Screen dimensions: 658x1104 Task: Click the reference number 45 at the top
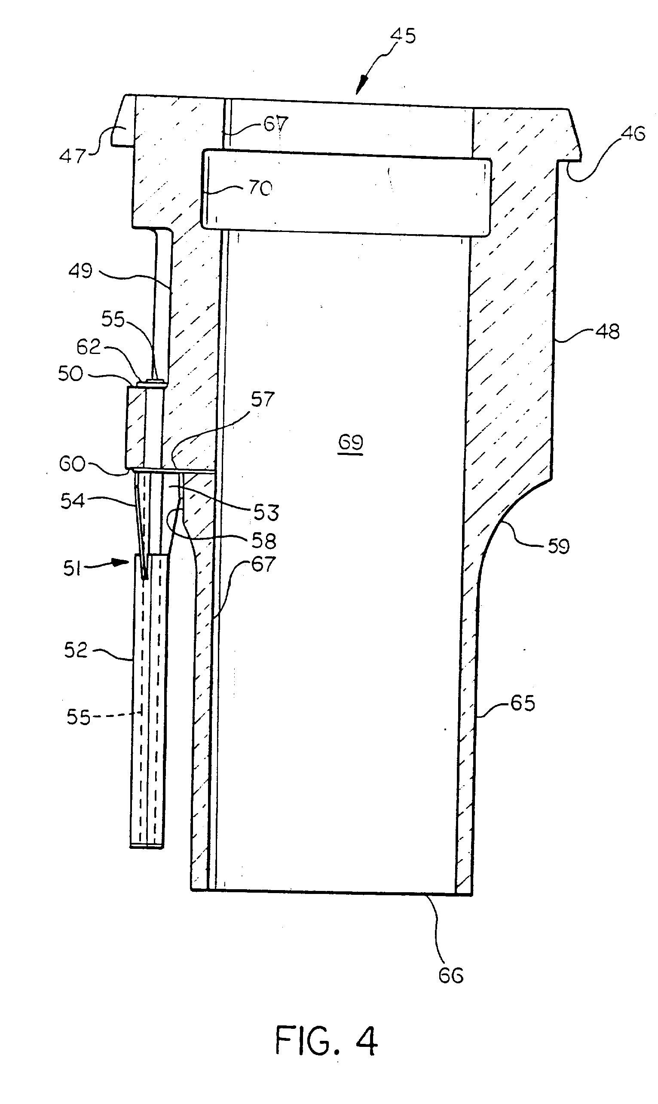[x=403, y=35]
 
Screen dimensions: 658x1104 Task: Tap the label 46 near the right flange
[x=633, y=133]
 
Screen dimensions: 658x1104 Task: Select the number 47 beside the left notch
[x=73, y=156]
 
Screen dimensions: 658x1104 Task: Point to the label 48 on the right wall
[x=607, y=332]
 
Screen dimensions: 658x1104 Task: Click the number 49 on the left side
[x=81, y=271]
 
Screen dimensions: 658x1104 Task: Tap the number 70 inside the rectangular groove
[x=260, y=188]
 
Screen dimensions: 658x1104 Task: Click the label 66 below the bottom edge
[x=451, y=976]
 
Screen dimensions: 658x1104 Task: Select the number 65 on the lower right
[x=523, y=703]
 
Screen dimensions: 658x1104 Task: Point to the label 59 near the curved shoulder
[x=559, y=546]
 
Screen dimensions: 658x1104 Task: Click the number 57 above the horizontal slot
[x=263, y=400]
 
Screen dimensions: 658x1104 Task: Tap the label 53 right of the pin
[x=266, y=512]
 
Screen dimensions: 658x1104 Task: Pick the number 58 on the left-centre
[x=264, y=541]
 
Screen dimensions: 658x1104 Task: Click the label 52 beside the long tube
[x=76, y=650]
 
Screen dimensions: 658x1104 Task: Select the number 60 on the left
[x=72, y=464]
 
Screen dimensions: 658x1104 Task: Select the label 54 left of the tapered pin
[x=72, y=501]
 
